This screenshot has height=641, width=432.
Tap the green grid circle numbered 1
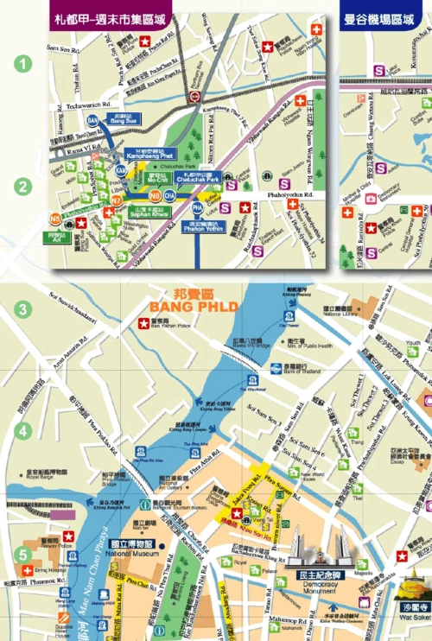[x=24, y=62]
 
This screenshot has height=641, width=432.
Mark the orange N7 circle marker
[x=116, y=200]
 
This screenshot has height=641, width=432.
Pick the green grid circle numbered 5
[x=24, y=555]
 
